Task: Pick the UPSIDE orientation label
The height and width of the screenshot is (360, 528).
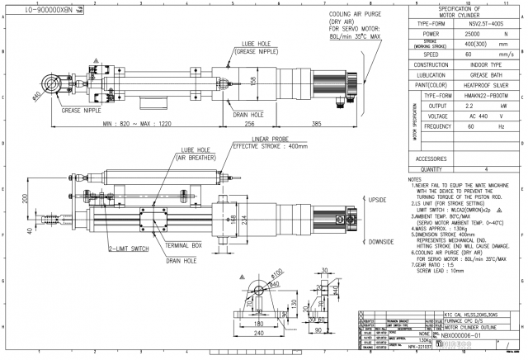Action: coord(377,200)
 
